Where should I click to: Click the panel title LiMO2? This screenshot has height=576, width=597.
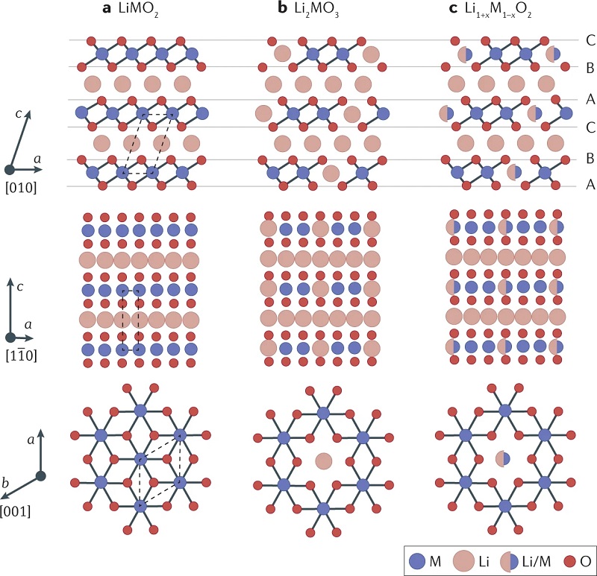click(138, 9)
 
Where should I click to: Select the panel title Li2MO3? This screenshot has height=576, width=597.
click(316, 9)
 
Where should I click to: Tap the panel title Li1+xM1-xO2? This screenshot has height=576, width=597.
click(498, 9)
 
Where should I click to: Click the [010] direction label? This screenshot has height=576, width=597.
click(22, 188)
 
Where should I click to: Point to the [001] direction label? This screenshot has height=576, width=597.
click(15, 511)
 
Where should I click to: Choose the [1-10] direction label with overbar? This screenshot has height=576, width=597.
click(22, 355)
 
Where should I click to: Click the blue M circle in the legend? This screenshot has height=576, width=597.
click(417, 561)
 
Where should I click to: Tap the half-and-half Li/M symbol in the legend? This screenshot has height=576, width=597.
click(509, 561)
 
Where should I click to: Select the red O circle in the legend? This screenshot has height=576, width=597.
click(570, 561)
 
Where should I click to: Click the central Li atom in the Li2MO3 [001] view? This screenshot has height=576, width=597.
click(324, 461)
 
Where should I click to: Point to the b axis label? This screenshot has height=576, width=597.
click(5, 483)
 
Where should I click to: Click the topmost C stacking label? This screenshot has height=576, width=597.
click(590, 40)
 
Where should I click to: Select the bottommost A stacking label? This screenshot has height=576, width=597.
click(590, 184)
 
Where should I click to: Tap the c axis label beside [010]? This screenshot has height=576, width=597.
click(18, 113)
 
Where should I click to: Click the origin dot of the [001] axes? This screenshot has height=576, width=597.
click(40, 475)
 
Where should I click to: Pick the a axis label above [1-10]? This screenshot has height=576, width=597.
click(28, 324)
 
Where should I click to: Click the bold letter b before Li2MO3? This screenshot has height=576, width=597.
click(282, 8)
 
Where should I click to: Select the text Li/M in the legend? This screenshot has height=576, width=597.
click(536, 562)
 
